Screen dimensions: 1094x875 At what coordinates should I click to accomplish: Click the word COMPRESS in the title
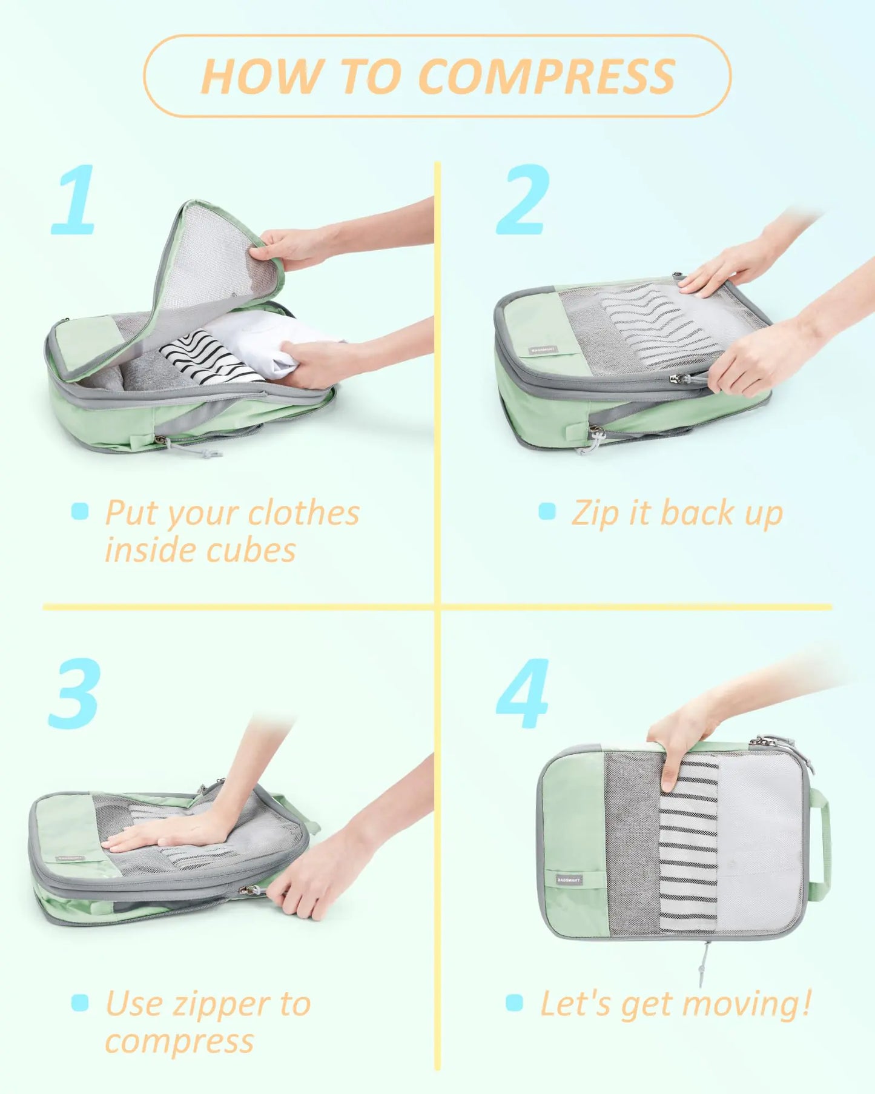click(546, 76)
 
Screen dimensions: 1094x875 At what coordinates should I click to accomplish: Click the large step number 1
click(75, 200)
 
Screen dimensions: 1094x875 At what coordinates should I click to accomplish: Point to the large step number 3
click(74, 694)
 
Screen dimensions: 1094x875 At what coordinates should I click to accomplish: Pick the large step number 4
click(523, 694)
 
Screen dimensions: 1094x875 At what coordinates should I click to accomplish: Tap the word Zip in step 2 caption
click(595, 514)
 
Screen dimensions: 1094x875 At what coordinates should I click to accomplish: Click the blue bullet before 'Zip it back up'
click(547, 511)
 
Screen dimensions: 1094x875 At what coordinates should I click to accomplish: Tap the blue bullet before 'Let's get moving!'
click(514, 1002)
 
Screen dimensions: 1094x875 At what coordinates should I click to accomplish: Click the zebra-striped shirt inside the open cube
click(209, 357)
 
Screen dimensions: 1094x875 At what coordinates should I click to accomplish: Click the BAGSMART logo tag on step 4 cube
click(568, 879)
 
